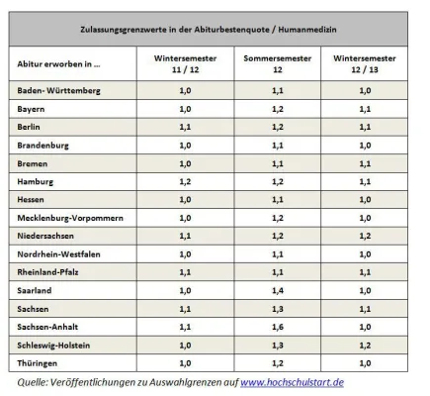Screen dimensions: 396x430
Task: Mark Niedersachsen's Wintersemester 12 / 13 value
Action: click(x=365, y=235)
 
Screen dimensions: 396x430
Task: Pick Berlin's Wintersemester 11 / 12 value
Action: click(x=185, y=127)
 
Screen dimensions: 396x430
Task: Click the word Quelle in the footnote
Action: click(x=36, y=380)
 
